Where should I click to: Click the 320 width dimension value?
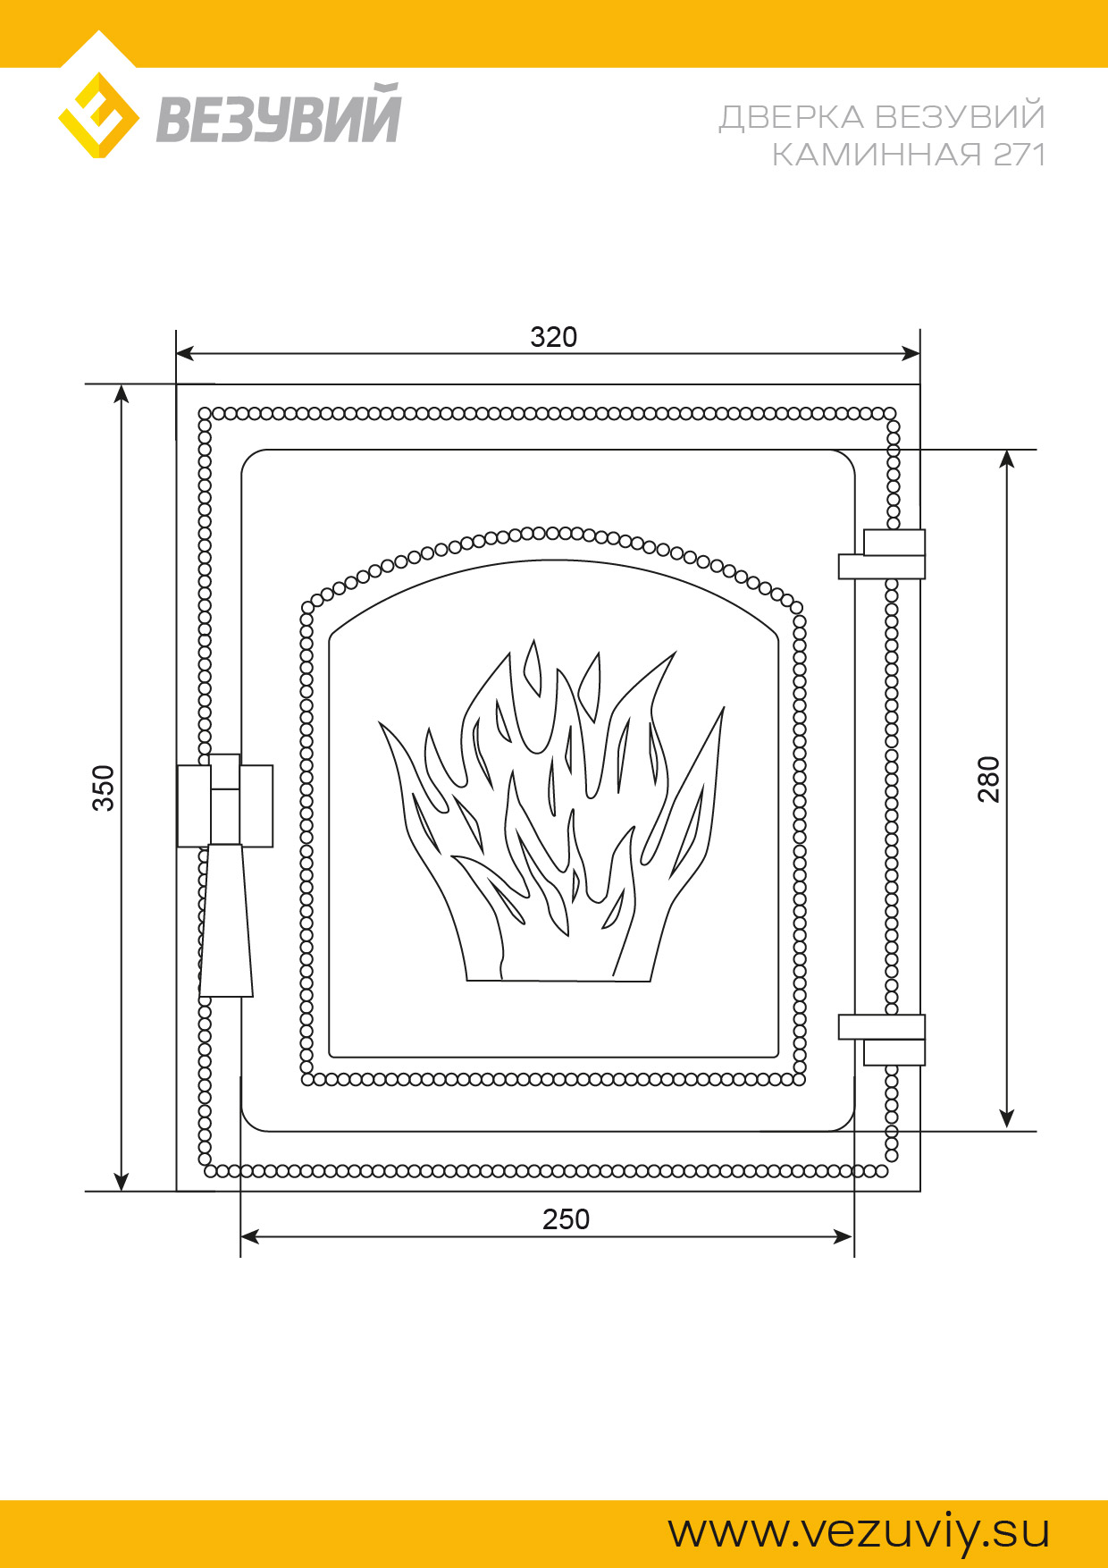point(554,337)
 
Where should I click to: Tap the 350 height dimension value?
point(105,788)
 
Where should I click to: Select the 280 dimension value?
point(988,780)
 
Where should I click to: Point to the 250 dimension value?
point(566,1219)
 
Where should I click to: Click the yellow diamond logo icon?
point(98,115)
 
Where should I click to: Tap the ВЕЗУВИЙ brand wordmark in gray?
point(279,113)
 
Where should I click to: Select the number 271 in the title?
point(1020,155)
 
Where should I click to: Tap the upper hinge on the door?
point(882,554)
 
